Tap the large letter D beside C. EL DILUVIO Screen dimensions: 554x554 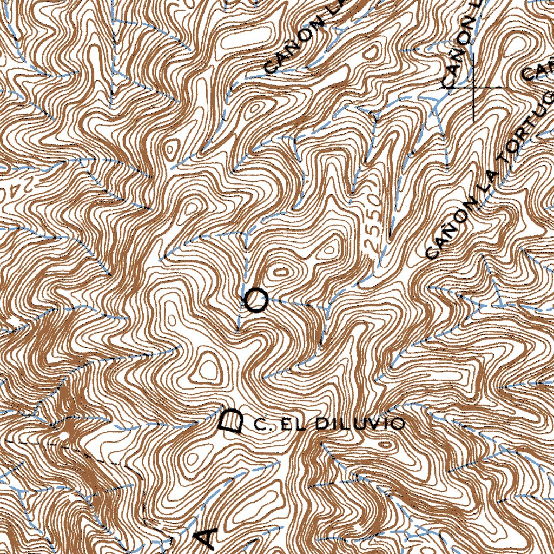click(232, 421)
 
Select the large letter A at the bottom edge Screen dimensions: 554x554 click(206, 537)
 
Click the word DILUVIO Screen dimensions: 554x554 click(359, 423)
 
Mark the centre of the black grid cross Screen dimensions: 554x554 click(473, 87)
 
